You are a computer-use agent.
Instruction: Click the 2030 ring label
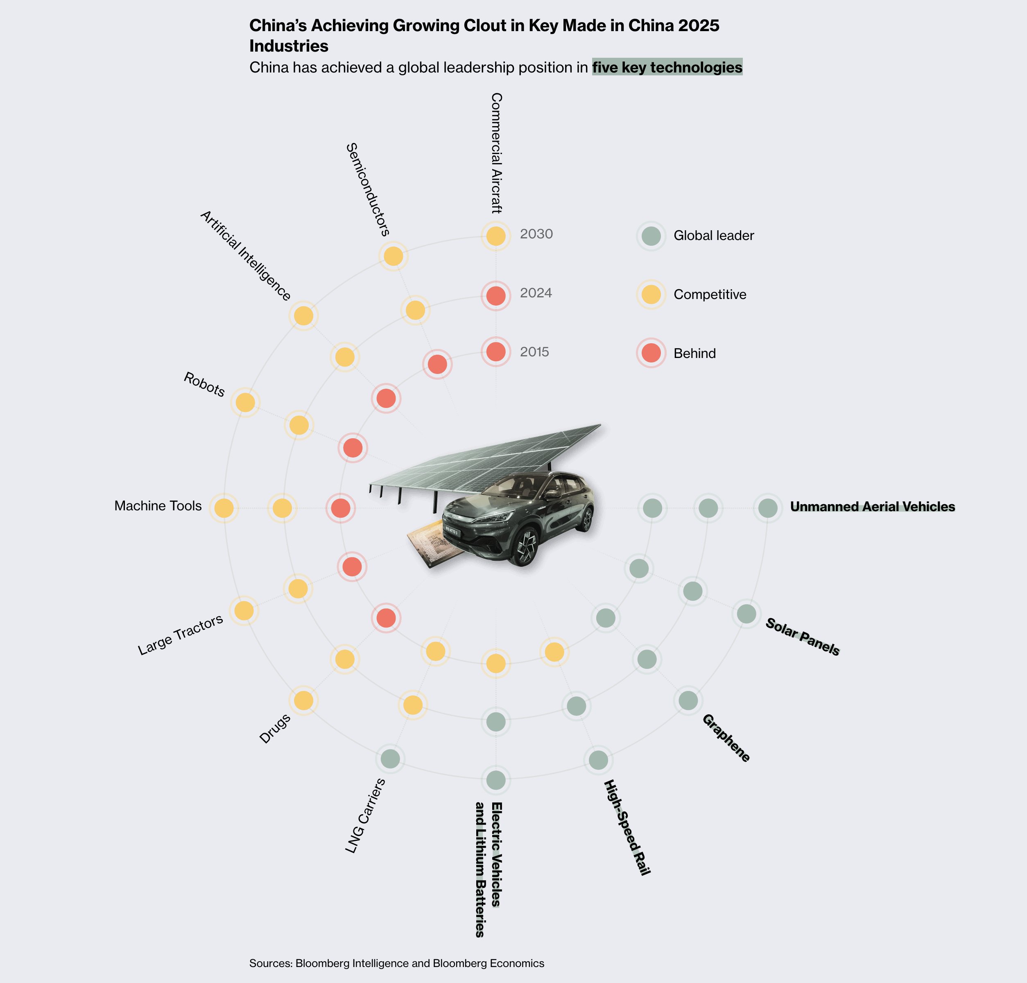click(536, 234)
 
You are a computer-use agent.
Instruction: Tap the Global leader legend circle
click(651, 236)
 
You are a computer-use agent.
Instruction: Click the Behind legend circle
click(651, 353)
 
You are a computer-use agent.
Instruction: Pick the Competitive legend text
click(710, 294)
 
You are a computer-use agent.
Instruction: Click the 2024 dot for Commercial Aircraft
click(495, 296)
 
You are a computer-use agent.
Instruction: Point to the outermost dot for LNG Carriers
click(390, 758)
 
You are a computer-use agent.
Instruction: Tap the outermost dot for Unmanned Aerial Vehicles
click(768, 508)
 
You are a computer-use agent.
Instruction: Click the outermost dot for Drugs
click(303, 700)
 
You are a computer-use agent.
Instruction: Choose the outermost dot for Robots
click(245, 403)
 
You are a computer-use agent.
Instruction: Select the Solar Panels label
click(802, 636)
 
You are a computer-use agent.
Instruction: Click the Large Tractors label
click(181, 634)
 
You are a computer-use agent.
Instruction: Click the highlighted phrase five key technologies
click(667, 67)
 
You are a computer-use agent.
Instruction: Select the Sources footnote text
click(397, 963)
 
